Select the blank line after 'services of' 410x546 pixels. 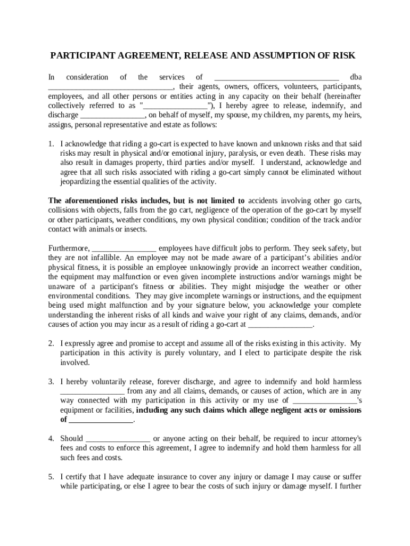(x=276, y=77)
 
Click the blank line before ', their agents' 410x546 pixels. (x=110, y=87)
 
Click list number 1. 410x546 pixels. (x=51, y=144)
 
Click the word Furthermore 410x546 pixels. (x=69, y=248)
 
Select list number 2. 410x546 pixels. (x=51, y=343)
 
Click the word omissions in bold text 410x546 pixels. (x=342, y=410)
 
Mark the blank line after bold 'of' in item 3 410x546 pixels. (x=101, y=420)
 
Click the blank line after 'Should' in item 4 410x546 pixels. (x=118, y=439)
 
